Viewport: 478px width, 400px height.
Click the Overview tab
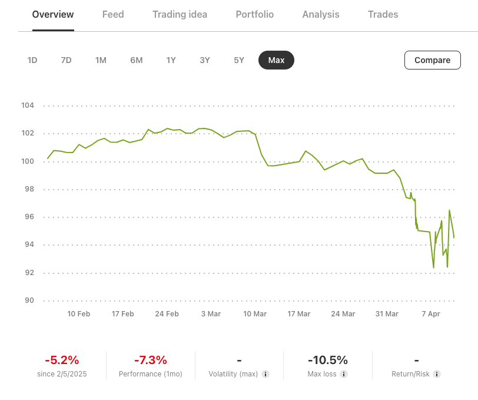tap(53, 14)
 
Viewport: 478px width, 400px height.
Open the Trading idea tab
tap(180, 14)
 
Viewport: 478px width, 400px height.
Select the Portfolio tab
tap(254, 14)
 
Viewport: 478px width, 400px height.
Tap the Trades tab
tap(383, 14)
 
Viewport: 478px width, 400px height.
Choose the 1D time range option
tap(32, 60)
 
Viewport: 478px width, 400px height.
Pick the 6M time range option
tap(137, 60)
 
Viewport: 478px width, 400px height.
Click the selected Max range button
tap(276, 60)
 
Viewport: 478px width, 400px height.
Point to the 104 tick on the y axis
tap(28, 106)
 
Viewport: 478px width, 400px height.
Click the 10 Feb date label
tap(79, 314)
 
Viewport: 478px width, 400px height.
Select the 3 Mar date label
tap(211, 314)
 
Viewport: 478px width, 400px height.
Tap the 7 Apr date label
tap(431, 314)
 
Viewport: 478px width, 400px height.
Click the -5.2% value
tap(62, 360)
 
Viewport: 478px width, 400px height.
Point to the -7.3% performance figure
tap(151, 360)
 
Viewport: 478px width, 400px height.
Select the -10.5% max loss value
tap(328, 360)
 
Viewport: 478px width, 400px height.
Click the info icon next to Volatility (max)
tap(265, 374)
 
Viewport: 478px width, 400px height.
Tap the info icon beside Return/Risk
tap(437, 374)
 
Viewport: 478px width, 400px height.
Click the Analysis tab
tap(321, 14)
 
